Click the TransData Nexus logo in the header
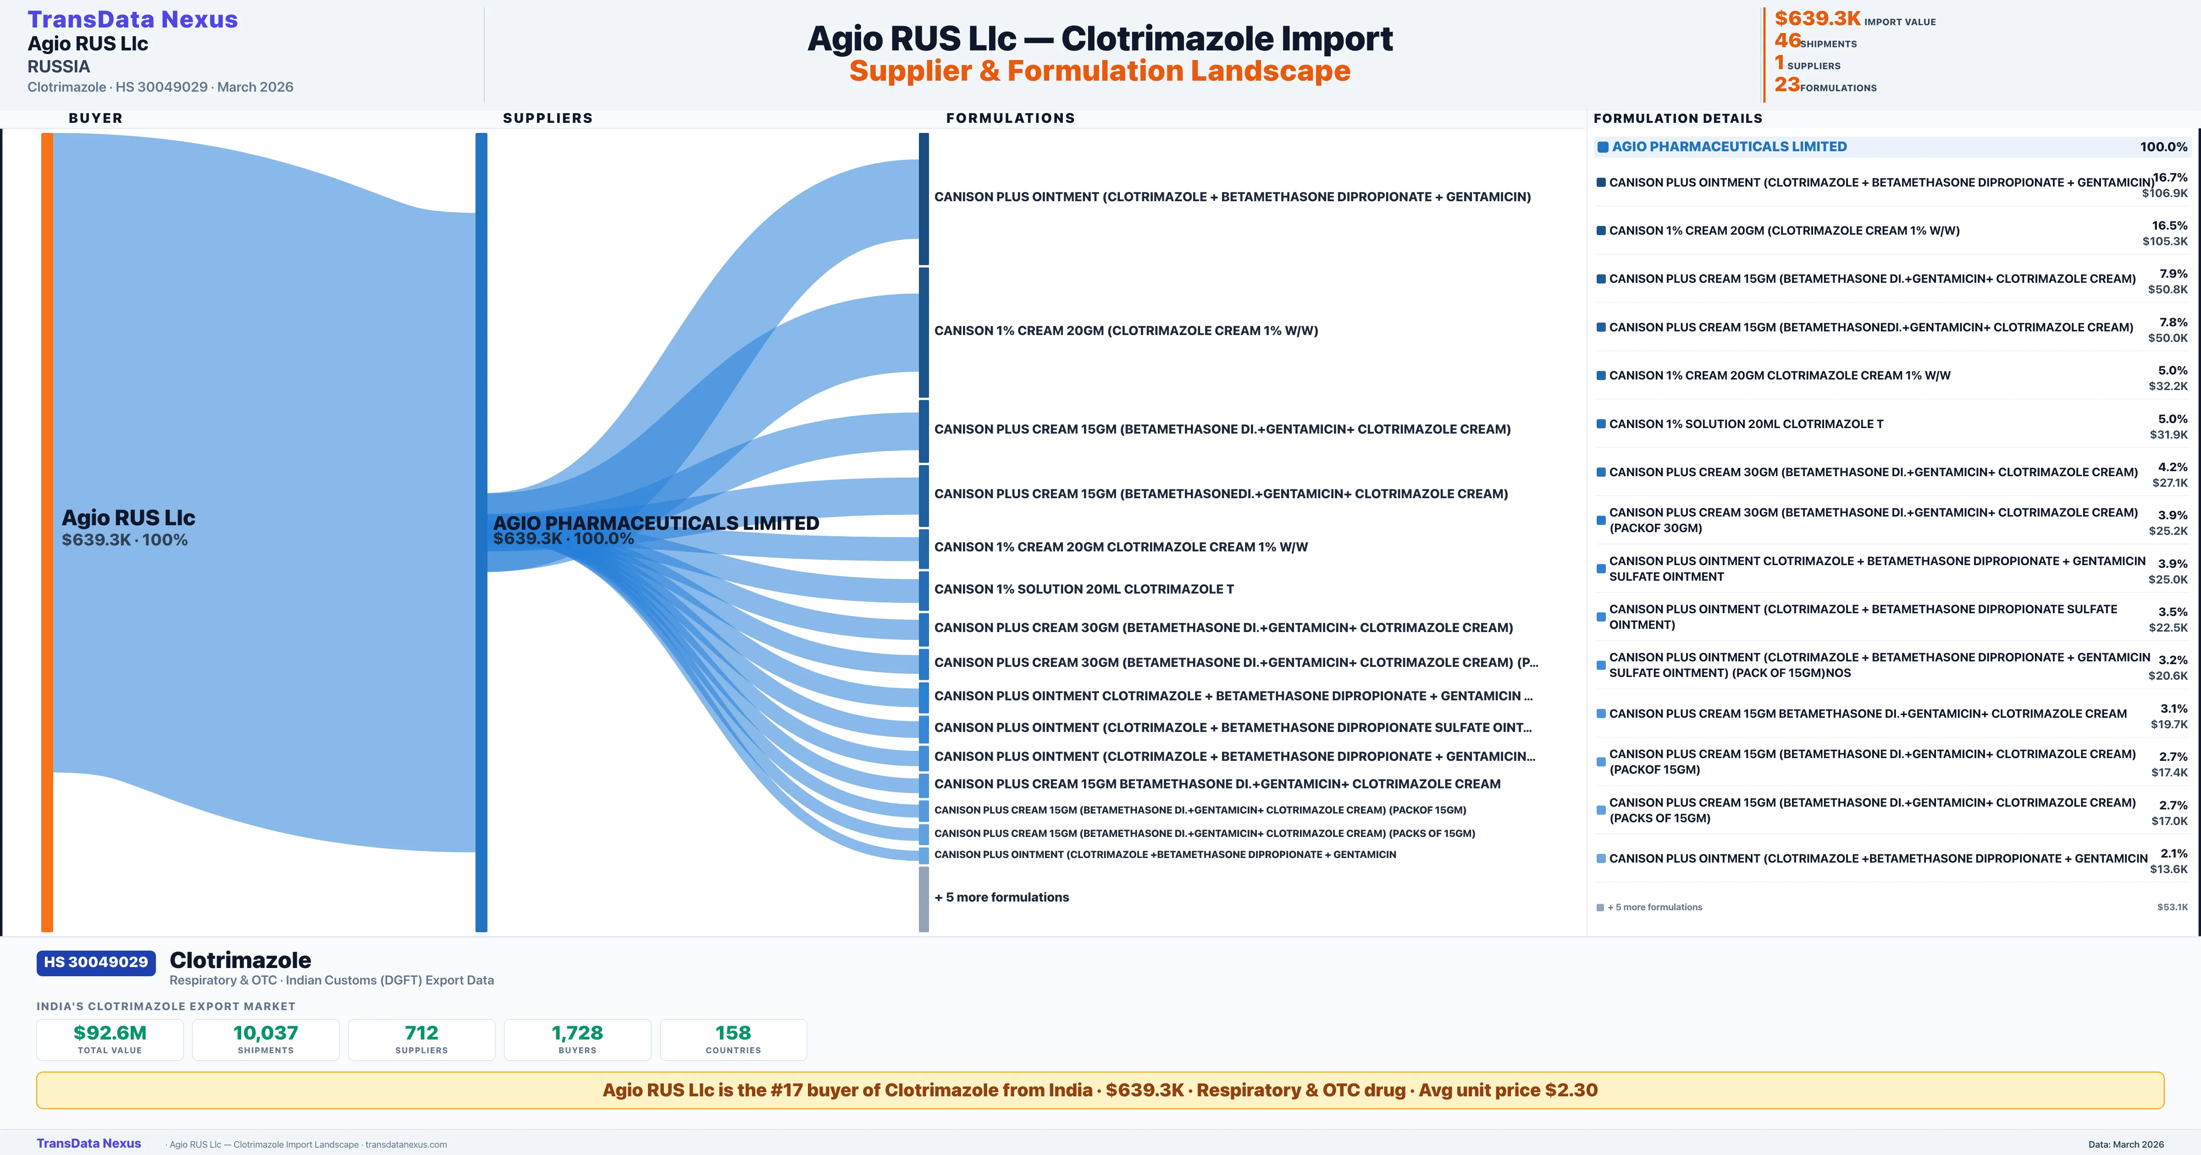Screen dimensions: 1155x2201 [133, 20]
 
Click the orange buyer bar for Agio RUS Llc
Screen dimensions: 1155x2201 [47, 530]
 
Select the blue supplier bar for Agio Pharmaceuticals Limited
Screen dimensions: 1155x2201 [481, 530]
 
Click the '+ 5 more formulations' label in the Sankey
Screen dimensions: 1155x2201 [1001, 897]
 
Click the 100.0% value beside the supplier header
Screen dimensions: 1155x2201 [2163, 147]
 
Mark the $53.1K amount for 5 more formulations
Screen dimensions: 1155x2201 [2172, 907]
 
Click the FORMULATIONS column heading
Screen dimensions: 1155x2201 [1010, 118]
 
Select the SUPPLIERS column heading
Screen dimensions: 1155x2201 [547, 118]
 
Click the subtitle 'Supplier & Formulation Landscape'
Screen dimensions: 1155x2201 [1100, 71]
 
